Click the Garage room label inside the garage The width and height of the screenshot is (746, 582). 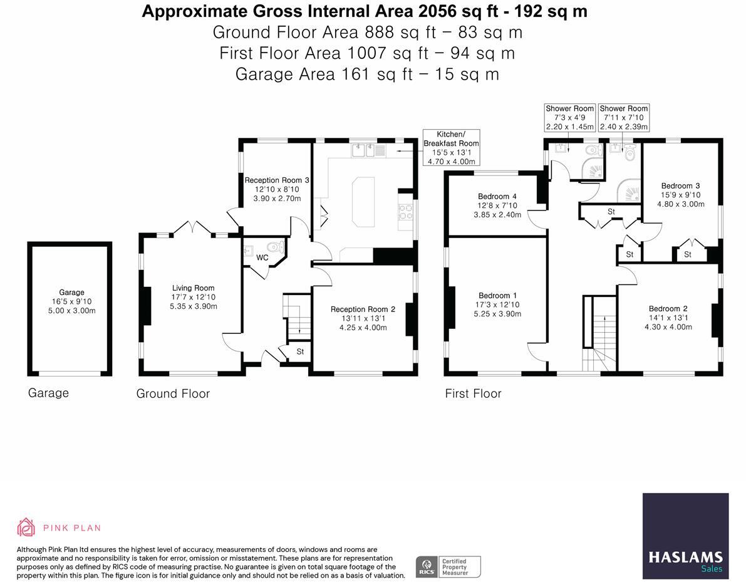point(71,292)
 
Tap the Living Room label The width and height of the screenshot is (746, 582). point(193,288)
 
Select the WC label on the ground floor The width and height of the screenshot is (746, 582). point(262,257)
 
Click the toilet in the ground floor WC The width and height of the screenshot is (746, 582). point(276,247)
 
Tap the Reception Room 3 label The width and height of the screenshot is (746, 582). point(277,180)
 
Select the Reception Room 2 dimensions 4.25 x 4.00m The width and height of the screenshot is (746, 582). point(363,328)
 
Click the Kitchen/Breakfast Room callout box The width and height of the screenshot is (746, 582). point(451,147)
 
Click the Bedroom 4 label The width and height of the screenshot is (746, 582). point(497,196)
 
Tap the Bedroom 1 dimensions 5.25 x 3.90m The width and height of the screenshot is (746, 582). point(497,314)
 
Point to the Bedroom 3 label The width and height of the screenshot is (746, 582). point(680,185)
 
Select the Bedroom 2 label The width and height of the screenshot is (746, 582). point(668,308)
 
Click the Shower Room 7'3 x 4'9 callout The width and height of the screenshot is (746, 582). point(569,118)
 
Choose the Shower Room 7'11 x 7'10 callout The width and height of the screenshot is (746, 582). point(624,118)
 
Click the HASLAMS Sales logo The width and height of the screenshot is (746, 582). point(686,536)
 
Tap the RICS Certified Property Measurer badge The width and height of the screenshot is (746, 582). point(448,567)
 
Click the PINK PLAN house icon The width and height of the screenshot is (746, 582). point(26,527)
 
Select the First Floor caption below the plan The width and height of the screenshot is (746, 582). point(473,393)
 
